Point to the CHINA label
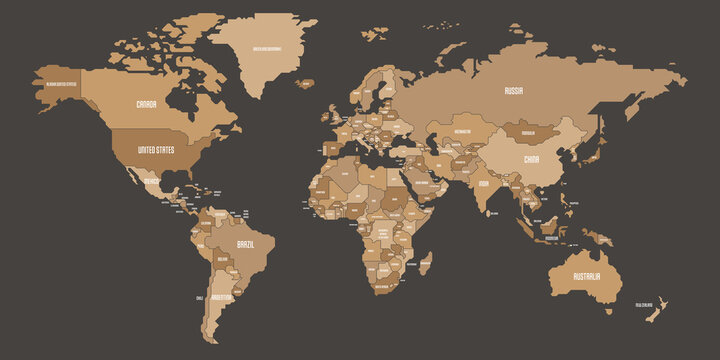pyautogui.click(x=532, y=158)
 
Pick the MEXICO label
pyautogui.click(x=151, y=183)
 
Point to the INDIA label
pyautogui.click(x=482, y=184)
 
